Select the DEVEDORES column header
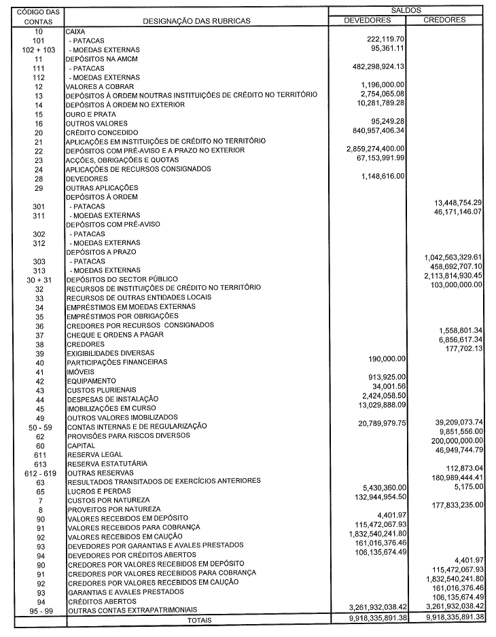click(368, 20)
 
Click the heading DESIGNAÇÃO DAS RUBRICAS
click(196, 21)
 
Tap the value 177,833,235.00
click(447, 505)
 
